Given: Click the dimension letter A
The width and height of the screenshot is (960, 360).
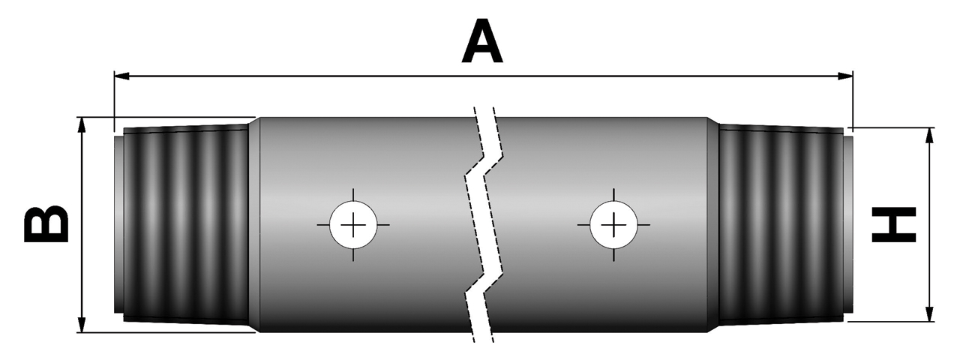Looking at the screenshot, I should point(481,42).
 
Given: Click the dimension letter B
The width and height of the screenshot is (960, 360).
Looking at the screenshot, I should point(46,226).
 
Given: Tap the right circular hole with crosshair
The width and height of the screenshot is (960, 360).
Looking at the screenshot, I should point(613,224).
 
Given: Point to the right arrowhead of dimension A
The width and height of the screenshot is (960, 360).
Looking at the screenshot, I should point(847,76).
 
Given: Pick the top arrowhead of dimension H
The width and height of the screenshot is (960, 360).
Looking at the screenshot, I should point(931,134).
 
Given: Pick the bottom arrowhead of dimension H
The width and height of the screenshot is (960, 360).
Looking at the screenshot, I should point(931,314).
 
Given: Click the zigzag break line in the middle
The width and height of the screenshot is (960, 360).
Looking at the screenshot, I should point(484,225).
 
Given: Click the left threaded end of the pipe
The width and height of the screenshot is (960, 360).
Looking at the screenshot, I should point(187,225).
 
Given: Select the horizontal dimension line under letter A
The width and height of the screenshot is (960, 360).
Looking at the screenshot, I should point(300,76).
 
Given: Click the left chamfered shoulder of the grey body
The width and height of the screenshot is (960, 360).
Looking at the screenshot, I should point(253,225).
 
